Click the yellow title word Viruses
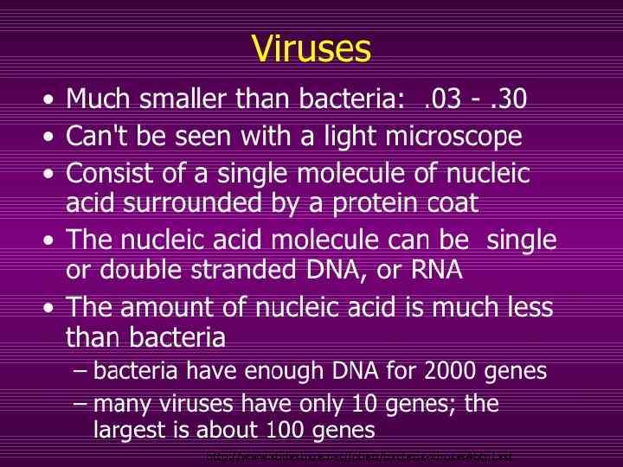pyautogui.click(x=311, y=48)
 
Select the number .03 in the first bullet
pyautogui.click(x=442, y=99)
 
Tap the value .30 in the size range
pyautogui.click(x=508, y=99)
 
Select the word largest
pyautogui.click(x=126, y=430)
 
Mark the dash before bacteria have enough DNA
pyautogui.click(x=80, y=372)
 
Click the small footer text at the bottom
pyautogui.click(x=358, y=456)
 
